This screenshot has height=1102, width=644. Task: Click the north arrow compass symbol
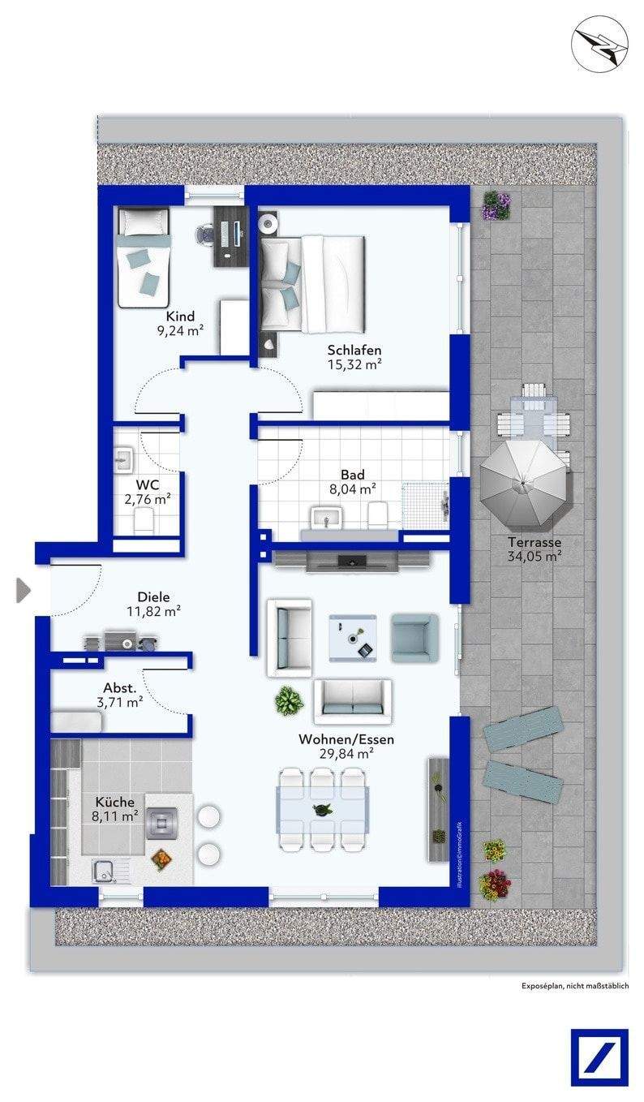(x=599, y=45)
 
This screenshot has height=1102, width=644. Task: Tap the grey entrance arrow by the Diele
(x=24, y=591)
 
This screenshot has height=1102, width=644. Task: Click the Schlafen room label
(x=354, y=351)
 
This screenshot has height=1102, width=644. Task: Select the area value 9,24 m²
(x=180, y=330)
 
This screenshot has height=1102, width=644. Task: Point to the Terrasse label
(x=535, y=542)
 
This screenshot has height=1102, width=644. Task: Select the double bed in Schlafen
(x=313, y=284)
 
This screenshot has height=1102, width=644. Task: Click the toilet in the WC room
(x=144, y=520)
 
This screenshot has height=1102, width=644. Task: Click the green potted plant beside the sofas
(x=289, y=700)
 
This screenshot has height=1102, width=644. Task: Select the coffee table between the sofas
(x=353, y=638)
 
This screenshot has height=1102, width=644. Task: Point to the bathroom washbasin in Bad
(x=325, y=518)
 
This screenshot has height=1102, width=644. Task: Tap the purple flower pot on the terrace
(x=496, y=205)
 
